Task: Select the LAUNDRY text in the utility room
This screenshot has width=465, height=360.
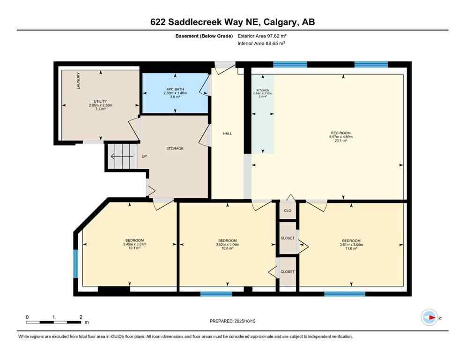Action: [78, 81]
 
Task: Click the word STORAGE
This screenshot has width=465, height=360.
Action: [174, 149]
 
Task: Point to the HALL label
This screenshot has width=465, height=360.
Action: [227, 134]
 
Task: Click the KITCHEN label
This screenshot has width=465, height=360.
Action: [262, 90]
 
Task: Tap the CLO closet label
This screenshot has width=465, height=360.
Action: [288, 210]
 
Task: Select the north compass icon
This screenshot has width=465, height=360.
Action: [429, 318]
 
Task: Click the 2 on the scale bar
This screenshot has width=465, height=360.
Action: [81, 317]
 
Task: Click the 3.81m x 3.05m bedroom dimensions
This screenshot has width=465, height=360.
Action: [351, 244]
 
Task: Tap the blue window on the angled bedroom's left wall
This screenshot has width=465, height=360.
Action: [75, 264]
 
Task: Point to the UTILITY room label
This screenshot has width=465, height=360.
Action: [101, 101]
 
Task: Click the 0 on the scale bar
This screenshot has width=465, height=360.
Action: [27, 317]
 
